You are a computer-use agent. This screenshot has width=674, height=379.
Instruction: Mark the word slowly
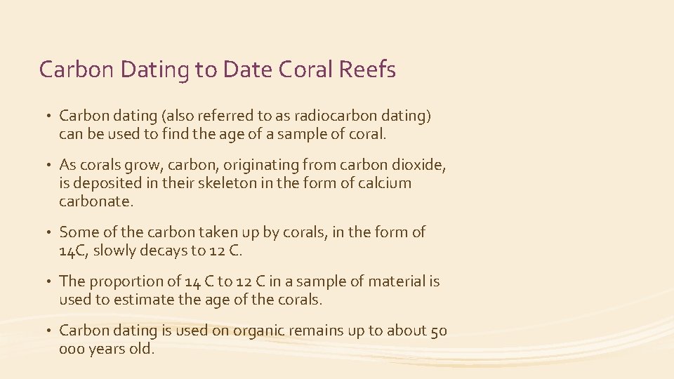(x=120, y=250)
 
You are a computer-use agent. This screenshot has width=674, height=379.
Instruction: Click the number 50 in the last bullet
(x=437, y=331)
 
